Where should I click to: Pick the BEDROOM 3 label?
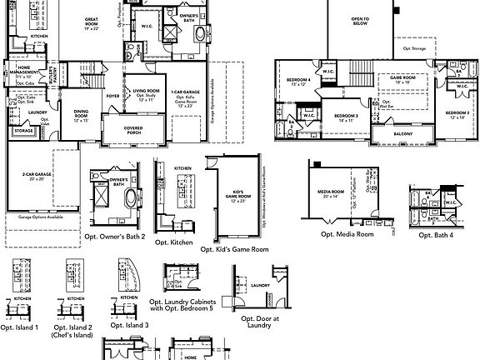tap(346, 117)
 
